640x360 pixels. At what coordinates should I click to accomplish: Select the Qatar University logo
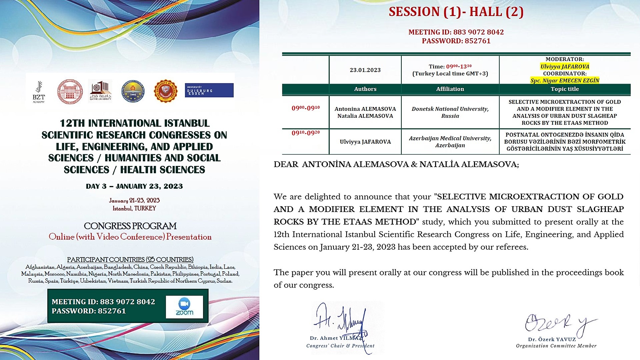click(x=101, y=91)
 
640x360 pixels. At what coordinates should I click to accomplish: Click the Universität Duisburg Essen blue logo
click(x=209, y=90)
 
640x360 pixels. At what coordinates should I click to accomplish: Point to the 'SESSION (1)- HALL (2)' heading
click(x=456, y=12)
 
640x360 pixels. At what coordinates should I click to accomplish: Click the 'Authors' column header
click(x=365, y=89)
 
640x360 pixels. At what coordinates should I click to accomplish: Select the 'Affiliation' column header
click(x=450, y=89)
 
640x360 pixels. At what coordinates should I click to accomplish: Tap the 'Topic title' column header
click(x=565, y=89)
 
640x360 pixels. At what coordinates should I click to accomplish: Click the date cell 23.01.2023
click(x=365, y=70)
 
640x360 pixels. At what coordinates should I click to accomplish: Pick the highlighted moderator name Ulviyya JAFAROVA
click(x=565, y=66)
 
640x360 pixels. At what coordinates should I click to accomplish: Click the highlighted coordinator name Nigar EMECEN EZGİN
click(x=565, y=80)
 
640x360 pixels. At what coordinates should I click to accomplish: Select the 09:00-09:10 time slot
click(x=306, y=108)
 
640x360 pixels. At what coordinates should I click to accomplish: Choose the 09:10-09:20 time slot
click(x=306, y=133)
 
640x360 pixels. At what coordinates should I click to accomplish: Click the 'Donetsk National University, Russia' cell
click(x=450, y=112)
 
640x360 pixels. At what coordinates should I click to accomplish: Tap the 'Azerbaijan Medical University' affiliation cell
click(x=450, y=142)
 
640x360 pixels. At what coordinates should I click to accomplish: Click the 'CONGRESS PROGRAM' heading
click(x=130, y=226)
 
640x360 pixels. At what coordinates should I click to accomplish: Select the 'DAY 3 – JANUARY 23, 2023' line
click(x=134, y=186)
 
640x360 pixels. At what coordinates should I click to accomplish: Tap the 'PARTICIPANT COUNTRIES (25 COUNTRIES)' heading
click(x=130, y=260)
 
